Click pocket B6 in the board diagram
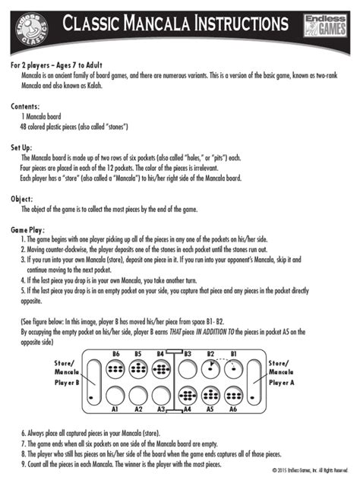(116, 369)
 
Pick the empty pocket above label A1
(116, 395)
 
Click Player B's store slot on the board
(92, 382)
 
